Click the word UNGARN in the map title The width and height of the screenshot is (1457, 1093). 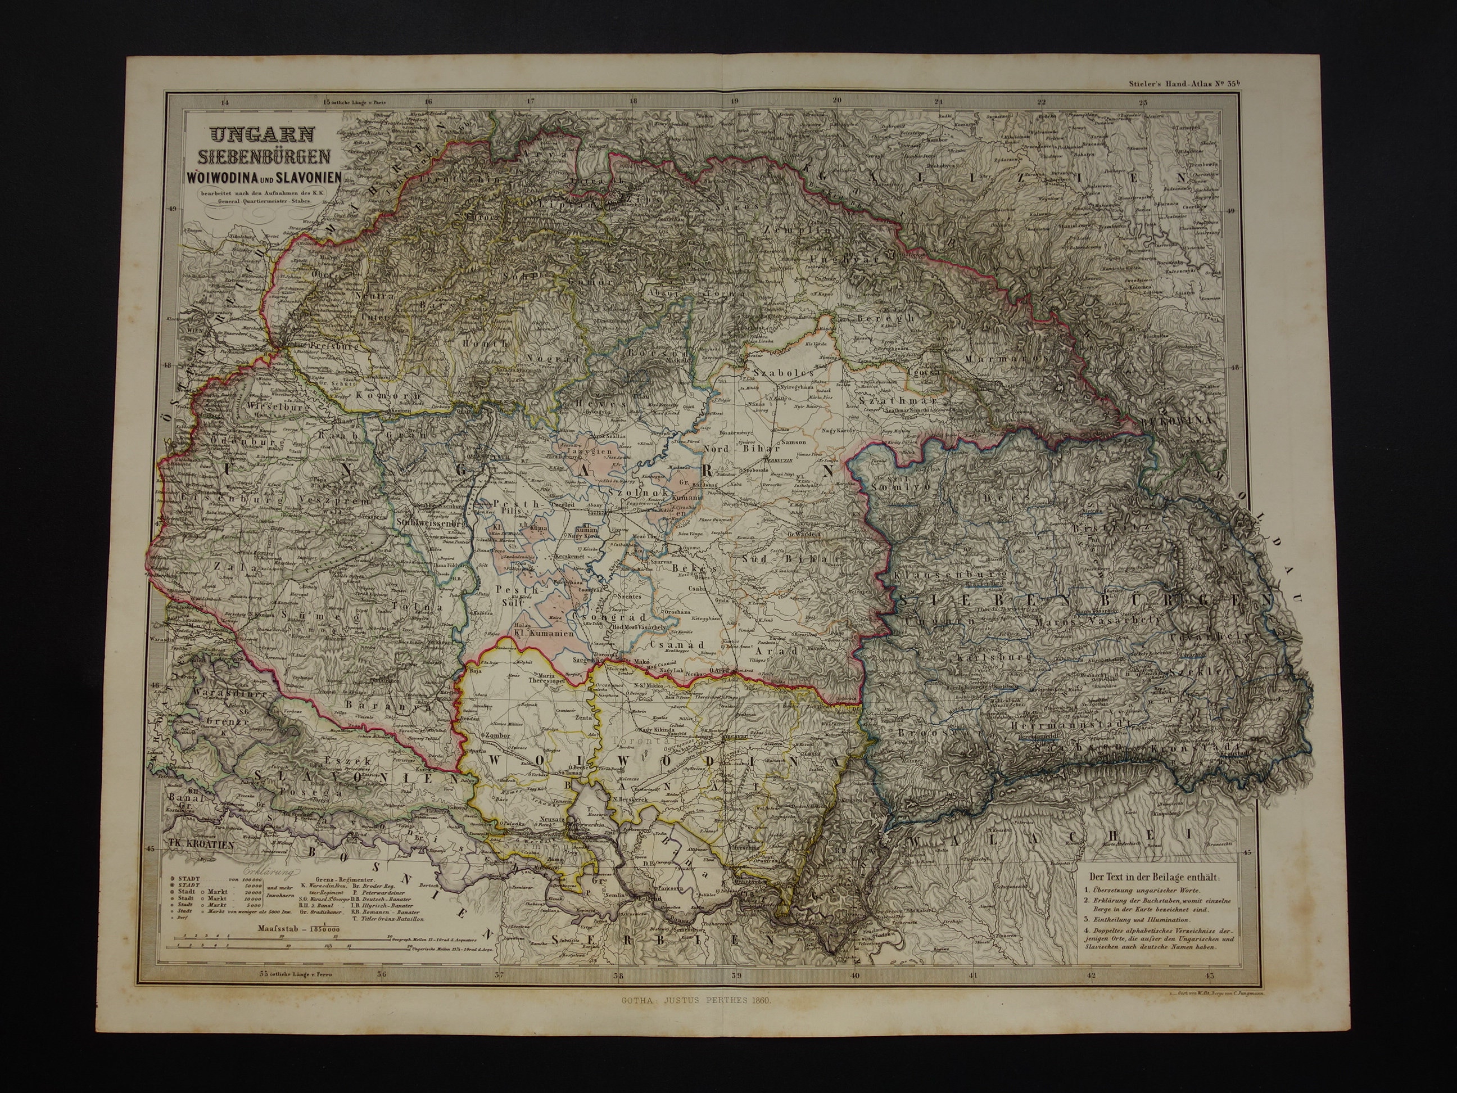(x=262, y=134)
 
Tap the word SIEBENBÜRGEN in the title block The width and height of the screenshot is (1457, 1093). (x=261, y=157)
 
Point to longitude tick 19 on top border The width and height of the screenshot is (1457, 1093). (x=735, y=101)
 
